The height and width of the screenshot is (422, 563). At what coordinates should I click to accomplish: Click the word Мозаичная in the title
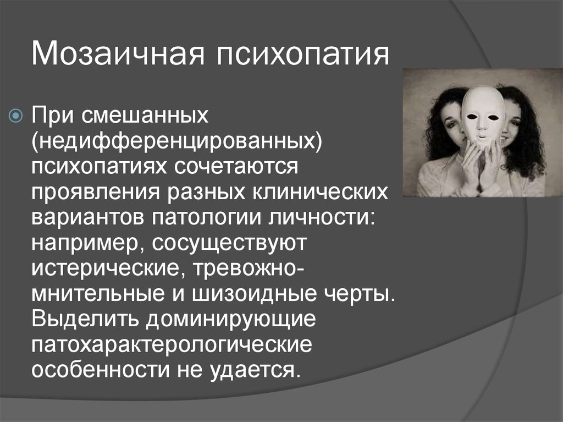coord(118,54)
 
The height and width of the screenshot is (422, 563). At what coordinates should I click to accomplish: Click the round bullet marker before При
coord(16,116)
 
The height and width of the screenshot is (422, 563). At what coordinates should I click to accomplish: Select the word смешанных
coord(145,116)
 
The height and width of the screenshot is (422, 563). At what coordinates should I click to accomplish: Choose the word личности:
coord(322,217)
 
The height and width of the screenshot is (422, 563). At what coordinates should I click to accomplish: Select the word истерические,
coord(109,268)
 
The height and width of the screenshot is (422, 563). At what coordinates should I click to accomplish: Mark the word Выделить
coord(85,320)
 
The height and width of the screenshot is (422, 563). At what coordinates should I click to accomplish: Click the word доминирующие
coord(231,320)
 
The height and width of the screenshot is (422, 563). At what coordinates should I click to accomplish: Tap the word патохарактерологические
coord(172,345)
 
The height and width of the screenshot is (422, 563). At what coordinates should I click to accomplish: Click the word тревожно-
coord(246,268)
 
